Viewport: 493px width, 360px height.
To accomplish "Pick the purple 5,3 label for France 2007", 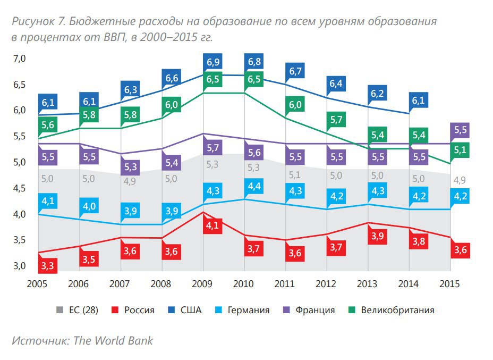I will click(131, 168).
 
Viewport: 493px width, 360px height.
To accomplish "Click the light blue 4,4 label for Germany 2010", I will click(254, 186).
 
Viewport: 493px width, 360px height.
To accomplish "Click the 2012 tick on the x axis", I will click(336, 283).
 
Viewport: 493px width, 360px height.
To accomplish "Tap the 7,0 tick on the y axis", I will click(20, 58).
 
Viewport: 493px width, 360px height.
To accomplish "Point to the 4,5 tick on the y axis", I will click(20, 188).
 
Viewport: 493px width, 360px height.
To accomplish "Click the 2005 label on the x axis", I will click(37, 283).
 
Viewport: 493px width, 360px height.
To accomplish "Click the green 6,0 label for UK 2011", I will click(295, 105).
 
